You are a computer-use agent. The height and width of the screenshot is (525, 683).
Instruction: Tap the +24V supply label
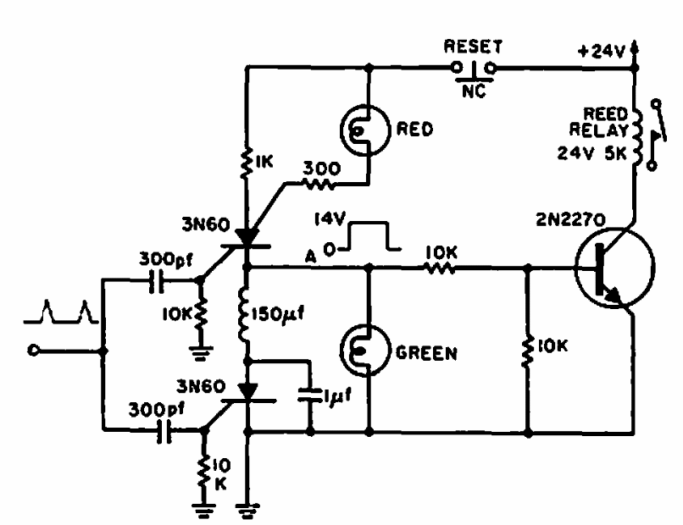pos(604,51)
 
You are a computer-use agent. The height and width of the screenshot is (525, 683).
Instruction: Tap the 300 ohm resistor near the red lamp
pos(321,181)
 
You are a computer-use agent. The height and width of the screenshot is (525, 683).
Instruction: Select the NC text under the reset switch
pos(474,92)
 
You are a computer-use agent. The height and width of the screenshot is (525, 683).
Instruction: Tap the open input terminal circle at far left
pos(35,350)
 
